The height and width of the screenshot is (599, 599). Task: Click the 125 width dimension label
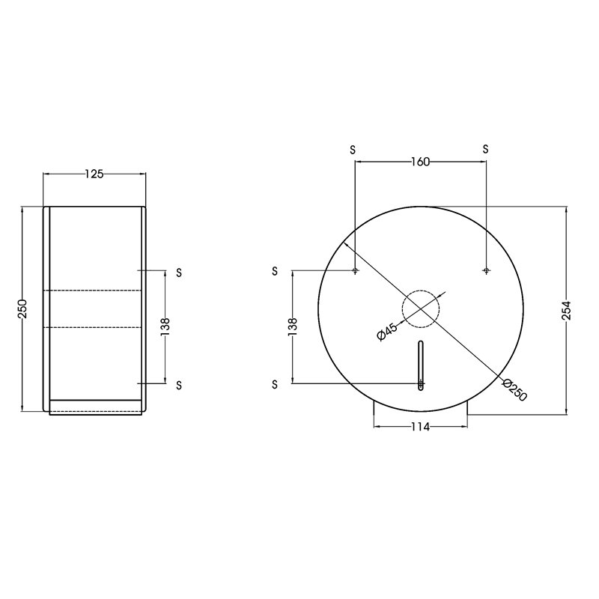pyautogui.click(x=94, y=174)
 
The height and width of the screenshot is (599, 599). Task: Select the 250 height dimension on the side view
pyautogui.click(x=22, y=309)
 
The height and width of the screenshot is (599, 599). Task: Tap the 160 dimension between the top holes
pyautogui.click(x=420, y=162)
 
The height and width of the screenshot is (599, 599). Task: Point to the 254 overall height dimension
pyautogui.click(x=566, y=311)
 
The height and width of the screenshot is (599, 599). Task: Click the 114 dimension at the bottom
pyautogui.click(x=420, y=427)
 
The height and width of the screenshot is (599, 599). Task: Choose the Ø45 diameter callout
pyautogui.click(x=387, y=331)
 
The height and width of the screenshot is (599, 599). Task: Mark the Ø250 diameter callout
pyautogui.click(x=515, y=389)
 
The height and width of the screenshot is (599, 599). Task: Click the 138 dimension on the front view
pyautogui.click(x=293, y=327)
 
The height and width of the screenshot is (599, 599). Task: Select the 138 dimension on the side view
pyautogui.click(x=165, y=327)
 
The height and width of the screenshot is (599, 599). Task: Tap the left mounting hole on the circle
pyautogui.click(x=355, y=271)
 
